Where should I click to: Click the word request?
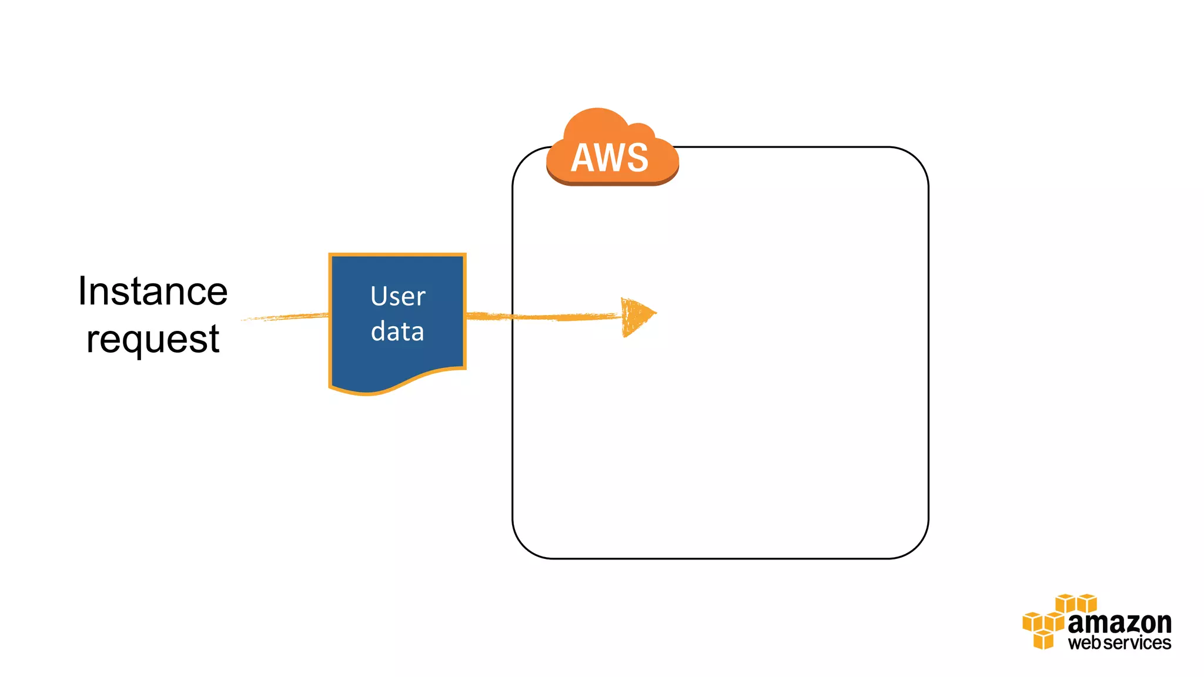153,340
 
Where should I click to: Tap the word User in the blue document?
397,296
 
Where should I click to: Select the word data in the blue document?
397,331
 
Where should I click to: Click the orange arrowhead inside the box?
636,316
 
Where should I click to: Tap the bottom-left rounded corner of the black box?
525,546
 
